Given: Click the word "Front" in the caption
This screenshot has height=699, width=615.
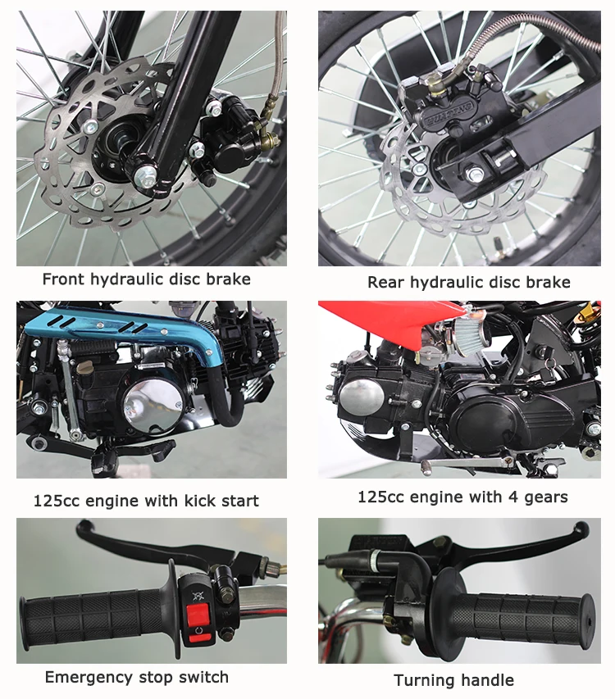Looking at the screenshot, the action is [63, 279].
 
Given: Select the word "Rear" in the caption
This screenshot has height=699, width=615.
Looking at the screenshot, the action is [385, 282].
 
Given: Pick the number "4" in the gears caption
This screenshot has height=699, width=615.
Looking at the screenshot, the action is [514, 497].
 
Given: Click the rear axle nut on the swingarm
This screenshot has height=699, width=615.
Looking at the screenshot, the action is [474, 173].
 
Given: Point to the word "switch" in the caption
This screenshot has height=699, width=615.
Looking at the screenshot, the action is [203, 678].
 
